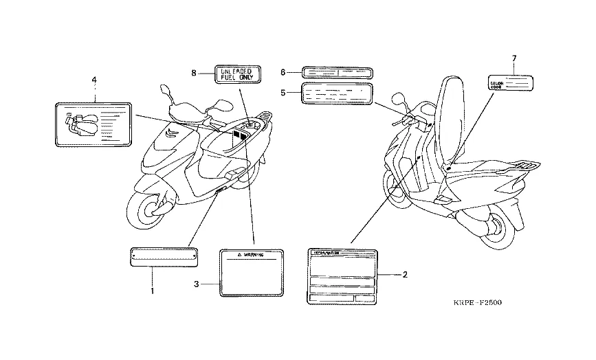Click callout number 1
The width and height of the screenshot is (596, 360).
153,291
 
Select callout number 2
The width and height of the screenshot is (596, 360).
406,275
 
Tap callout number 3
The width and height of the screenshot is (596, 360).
196,284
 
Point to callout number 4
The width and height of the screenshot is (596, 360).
94,80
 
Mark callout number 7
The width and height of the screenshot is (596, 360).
513,58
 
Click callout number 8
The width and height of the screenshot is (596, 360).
194,72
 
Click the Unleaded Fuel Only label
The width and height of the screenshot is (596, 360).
236,74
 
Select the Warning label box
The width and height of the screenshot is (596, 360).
251,273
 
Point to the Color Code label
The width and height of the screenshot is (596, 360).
511,85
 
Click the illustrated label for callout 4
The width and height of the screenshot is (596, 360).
92,124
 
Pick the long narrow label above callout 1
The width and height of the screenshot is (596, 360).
164,256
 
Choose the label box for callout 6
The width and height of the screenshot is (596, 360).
337,71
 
